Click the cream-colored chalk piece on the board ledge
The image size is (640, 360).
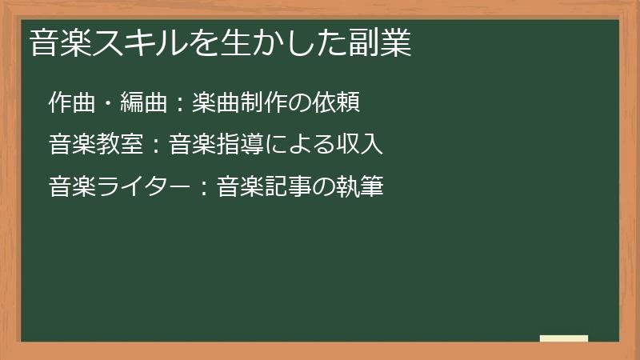pyautogui.click(x=564, y=338)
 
